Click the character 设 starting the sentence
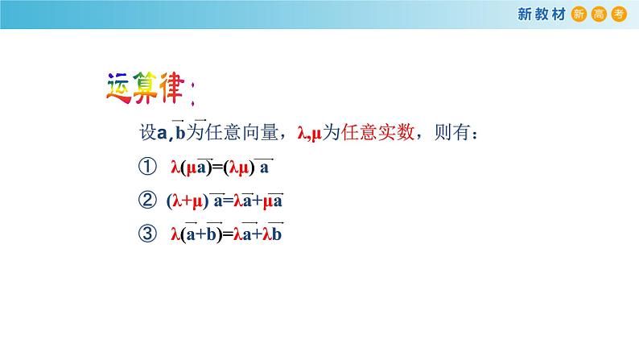[147, 134]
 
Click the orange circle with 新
[579, 15]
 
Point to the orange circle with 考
[617, 15]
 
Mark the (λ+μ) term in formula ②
[187, 201]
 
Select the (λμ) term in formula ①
[239, 168]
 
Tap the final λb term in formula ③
[275, 234]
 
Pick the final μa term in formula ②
[274, 201]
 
